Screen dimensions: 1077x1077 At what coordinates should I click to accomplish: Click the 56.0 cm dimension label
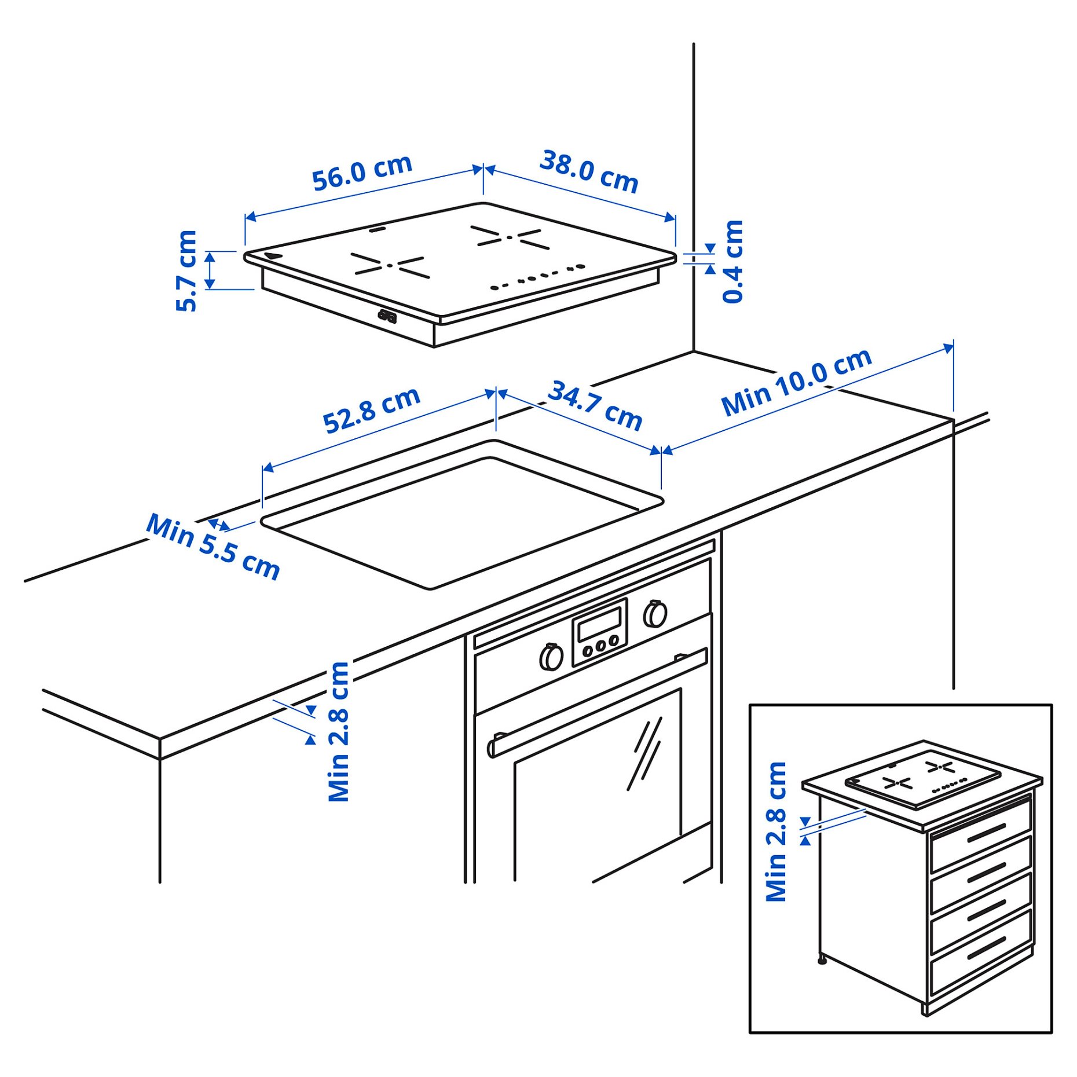(361, 172)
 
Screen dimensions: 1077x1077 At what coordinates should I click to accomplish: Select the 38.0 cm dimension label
(588, 171)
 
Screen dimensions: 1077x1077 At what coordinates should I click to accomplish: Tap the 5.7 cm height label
(187, 270)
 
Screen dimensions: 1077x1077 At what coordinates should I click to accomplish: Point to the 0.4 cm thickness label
(732, 261)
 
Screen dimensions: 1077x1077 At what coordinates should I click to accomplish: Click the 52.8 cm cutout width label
(371, 410)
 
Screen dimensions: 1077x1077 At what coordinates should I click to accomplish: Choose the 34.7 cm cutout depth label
(595, 405)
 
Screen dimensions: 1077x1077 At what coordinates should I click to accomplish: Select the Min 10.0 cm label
(796, 382)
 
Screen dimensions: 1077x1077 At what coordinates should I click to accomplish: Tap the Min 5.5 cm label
(213, 546)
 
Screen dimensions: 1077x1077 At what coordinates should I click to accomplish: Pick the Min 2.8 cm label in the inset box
(776, 831)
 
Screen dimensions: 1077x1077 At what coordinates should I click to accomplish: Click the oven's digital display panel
(599, 627)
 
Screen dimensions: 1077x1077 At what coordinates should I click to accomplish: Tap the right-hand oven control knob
(655, 614)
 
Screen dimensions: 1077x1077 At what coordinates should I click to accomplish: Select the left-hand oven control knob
(551, 657)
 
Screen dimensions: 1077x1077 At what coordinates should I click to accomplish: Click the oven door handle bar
(596, 704)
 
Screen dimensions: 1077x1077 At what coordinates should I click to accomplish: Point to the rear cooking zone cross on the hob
(509, 237)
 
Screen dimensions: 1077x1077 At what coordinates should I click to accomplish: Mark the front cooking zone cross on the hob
(389, 265)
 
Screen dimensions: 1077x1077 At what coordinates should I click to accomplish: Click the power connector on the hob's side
(387, 316)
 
